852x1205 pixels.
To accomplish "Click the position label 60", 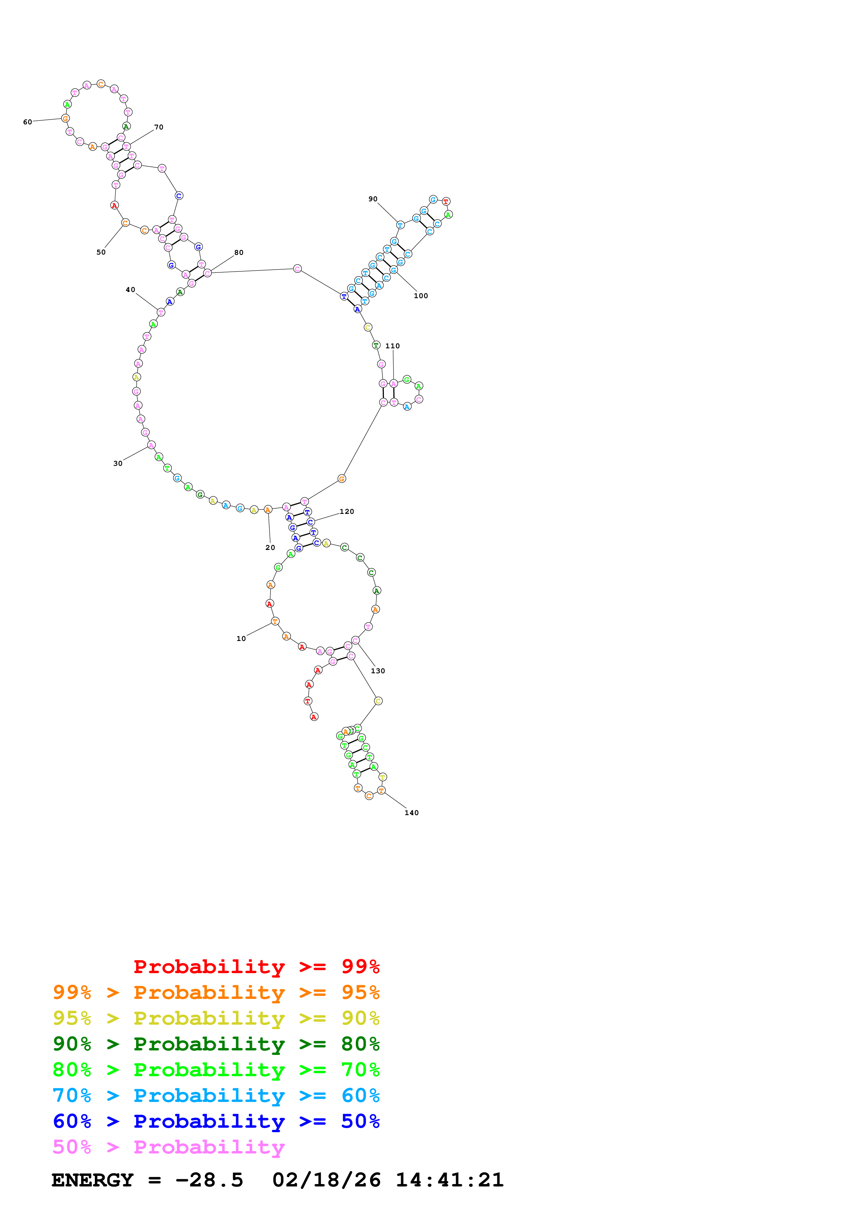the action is coord(27,122).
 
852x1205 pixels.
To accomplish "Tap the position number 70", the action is coord(158,127).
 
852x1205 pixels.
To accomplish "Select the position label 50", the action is coord(101,252).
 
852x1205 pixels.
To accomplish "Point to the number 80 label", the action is coord(239,253).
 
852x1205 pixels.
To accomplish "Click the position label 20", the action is coord(270,548).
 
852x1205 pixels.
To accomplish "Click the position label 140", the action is coord(411,813).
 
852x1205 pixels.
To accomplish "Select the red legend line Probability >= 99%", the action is coord(256,967).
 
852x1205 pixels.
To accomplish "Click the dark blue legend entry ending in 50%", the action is coord(216,1122).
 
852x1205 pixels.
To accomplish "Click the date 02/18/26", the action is coord(326,1180).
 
